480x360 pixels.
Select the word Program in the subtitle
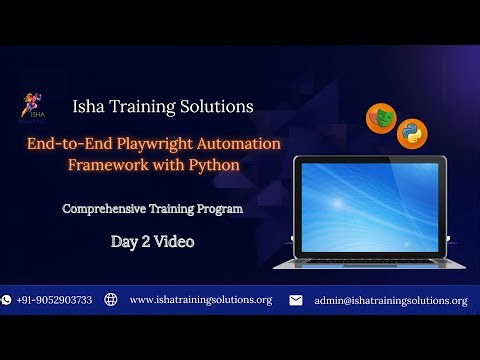click(219, 210)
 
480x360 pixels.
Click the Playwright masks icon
click(380, 117)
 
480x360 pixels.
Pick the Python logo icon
click(411, 133)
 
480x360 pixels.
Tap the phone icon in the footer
click(7, 300)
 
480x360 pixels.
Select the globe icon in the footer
click(111, 300)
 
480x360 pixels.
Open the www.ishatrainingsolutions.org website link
click(200, 300)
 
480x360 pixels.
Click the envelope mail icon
click(296, 300)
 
